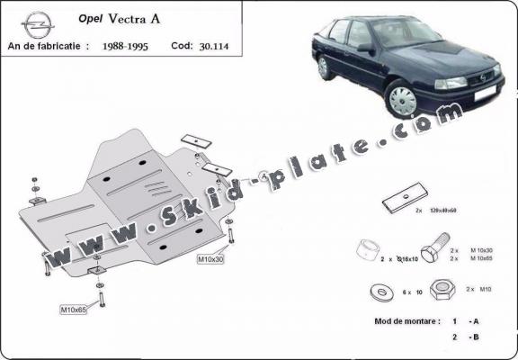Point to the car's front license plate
pos(482,99)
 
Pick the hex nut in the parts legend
pos(441,290)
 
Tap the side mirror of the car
pos(363,47)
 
